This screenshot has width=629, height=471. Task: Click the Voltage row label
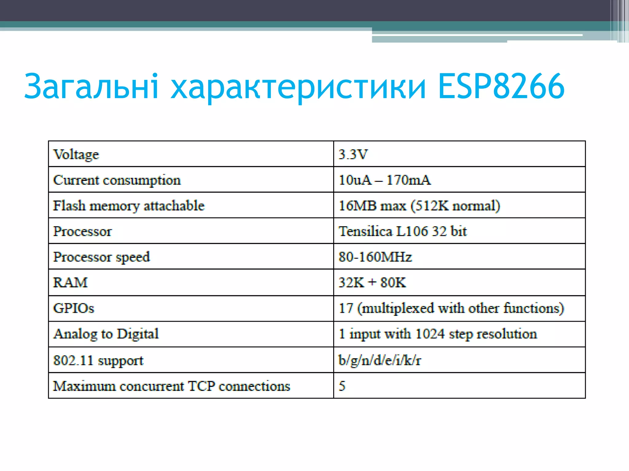(x=76, y=155)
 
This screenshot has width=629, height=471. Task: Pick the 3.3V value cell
(x=353, y=154)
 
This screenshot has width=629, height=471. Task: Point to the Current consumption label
(x=117, y=180)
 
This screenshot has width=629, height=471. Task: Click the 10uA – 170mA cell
(x=385, y=180)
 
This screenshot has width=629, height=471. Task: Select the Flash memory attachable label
(x=129, y=206)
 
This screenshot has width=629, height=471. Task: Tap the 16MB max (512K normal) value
(x=419, y=206)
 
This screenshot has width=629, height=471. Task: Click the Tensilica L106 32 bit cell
(x=402, y=231)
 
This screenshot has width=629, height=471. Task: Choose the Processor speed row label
(x=102, y=257)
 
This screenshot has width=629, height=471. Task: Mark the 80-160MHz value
(x=375, y=257)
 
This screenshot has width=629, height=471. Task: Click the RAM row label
(x=70, y=282)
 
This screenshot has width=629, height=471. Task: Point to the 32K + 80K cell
(x=372, y=282)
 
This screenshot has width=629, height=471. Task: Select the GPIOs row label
(x=74, y=308)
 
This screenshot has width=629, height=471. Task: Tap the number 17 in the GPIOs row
(x=346, y=308)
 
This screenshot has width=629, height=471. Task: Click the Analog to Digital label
(x=106, y=334)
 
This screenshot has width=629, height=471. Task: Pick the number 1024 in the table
(x=430, y=334)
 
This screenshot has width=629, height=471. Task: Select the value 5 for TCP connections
(x=342, y=386)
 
